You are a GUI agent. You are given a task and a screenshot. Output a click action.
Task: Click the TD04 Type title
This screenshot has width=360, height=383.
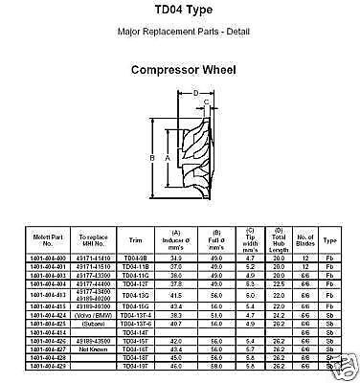(179, 13)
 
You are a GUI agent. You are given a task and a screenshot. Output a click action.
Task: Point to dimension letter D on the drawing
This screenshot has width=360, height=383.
(194, 94)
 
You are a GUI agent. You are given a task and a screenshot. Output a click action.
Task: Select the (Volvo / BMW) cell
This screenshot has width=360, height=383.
(92, 311)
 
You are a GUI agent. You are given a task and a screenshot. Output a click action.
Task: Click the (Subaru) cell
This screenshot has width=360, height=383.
(92, 320)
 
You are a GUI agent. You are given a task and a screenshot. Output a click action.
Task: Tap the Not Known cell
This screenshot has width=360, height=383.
(92, 350)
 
